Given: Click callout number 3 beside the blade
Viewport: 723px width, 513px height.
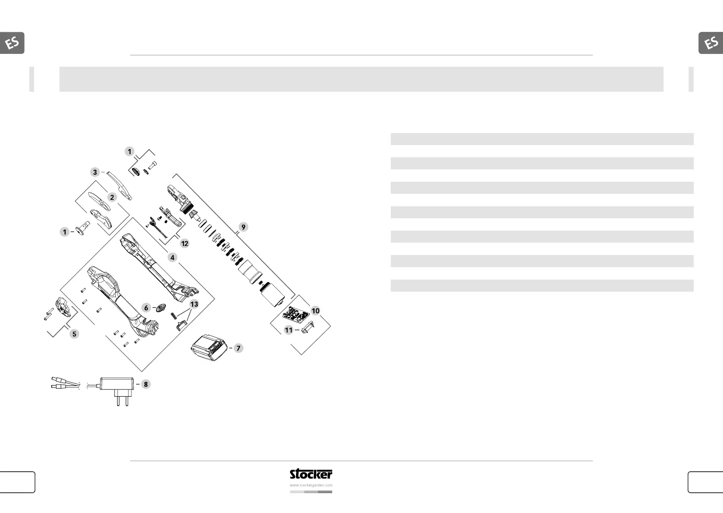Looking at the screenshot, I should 95,172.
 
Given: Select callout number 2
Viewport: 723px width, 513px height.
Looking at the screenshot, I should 112,197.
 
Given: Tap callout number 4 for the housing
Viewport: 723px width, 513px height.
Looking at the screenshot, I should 172,258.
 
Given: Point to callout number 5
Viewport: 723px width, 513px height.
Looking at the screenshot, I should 74,334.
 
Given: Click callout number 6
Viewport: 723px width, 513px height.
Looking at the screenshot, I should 146,308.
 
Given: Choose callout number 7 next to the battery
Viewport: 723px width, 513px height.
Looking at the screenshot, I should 238,348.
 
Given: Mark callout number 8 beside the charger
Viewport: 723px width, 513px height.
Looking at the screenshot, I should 146,384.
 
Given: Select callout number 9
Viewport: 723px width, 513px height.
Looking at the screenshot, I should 243,227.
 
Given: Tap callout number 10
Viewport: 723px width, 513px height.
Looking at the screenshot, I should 315,311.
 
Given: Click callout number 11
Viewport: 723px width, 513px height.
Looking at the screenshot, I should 289,330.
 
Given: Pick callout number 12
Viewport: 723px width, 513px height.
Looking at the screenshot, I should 184,243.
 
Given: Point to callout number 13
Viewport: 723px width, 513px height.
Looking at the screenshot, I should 194,304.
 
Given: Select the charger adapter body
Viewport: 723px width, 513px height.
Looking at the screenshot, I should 117,383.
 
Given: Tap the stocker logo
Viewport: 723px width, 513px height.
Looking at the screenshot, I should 311,474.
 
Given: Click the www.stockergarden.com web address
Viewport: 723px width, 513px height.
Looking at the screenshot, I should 311,485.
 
